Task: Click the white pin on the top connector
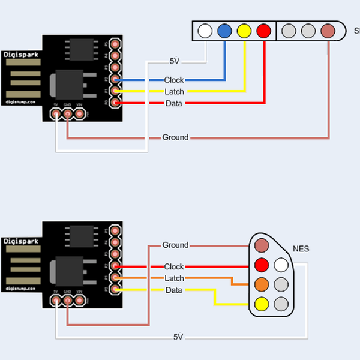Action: click(205, 31)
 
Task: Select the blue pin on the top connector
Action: click(225, 31)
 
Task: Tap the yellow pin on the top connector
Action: click(244, 31)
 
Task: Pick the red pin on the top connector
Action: click(263, 31)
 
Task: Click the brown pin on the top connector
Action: click(328, 31)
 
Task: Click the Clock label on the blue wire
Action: click(174, 80)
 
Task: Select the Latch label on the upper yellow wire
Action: click(174, 92)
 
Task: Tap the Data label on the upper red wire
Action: click(174, 104)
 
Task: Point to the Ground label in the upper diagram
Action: click(175, 137)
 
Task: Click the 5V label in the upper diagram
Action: click(175, 61)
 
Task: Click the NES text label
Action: click(301, 248)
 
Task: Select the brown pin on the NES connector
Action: click(261, 245)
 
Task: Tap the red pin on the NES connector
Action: click(261, 265)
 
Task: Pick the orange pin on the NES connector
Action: click(261, 284)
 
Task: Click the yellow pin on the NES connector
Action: click(261, 304)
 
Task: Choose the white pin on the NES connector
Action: click(281, 265)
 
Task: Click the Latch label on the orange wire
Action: click(174, 278)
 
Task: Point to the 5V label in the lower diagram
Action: click(178, 337)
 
